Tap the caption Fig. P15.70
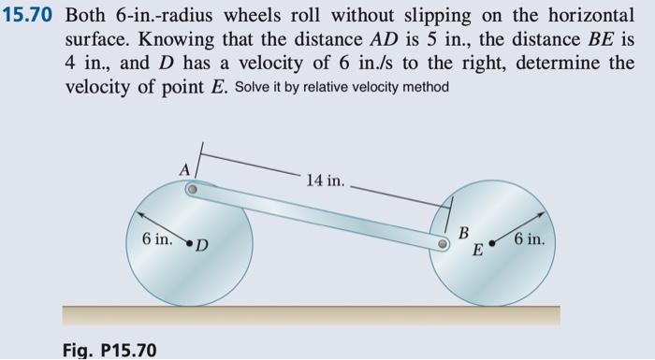pyautogui.click(x=110, y=350)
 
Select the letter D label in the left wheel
pyautogui.click(x=202, y=247)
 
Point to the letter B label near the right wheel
pyautogui.click(x=462, y=232)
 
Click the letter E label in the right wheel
pyautogui.click(x=477, y=251)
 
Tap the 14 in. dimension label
pyautogui.click(x=323, y=179)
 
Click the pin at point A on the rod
pyautogui.click(x=191, y=189)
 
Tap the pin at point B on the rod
pyautogui.click(x=446, y=242)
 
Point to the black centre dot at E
pyautogui.click(x=490, y=245)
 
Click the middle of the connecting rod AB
pyautogui.click(x=318, y=215)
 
